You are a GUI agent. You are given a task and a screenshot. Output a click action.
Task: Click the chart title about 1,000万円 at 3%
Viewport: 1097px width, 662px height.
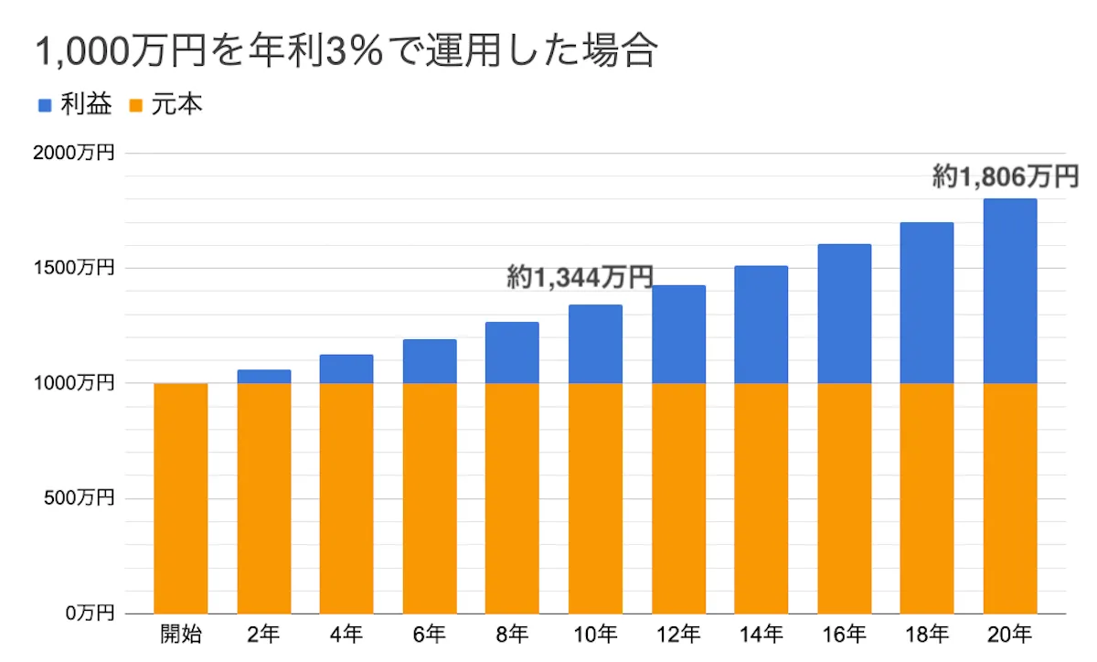tap(346, 52)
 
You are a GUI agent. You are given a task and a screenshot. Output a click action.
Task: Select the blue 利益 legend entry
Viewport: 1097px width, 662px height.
tap(74, 105)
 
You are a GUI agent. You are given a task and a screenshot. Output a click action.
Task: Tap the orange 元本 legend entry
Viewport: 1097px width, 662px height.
tap(165, 105)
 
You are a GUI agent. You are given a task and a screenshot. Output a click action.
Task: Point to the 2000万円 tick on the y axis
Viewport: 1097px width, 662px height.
tap(74, 154)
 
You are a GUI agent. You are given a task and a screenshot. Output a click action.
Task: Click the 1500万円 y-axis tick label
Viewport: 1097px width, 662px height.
tap(74, 269)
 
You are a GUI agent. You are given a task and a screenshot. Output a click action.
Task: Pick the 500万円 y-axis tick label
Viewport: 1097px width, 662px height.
tap(79, 498)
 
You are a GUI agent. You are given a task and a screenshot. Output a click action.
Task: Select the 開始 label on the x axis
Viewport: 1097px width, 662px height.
tap(181, 633)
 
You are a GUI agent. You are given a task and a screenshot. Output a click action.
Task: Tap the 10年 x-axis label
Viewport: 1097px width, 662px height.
tap(595, 633)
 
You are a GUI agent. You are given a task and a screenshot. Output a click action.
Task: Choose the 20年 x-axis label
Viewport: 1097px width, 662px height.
tap(1010, 633)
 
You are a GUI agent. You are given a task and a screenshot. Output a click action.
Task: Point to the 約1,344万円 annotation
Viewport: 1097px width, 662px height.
tap(580, 278)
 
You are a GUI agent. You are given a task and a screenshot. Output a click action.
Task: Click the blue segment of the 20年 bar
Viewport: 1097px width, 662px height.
tap(1010, 291)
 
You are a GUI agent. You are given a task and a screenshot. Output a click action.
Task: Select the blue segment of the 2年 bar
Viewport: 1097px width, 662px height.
tap(264, 377)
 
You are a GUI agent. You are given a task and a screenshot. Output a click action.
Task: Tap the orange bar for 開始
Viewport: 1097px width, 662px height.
tap(181, 498)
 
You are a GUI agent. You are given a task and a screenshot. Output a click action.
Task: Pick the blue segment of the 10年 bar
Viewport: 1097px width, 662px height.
tap(595, 344)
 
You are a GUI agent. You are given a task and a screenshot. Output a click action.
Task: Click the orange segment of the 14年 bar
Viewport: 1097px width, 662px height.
tap(762, 498)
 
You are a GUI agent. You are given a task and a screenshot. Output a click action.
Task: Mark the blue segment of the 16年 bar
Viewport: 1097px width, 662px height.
tap(845, 314)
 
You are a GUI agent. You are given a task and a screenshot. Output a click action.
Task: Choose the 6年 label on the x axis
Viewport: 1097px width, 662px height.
tap(430, 633)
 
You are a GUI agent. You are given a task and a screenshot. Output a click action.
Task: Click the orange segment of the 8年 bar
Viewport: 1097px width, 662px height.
tap(512, 498)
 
